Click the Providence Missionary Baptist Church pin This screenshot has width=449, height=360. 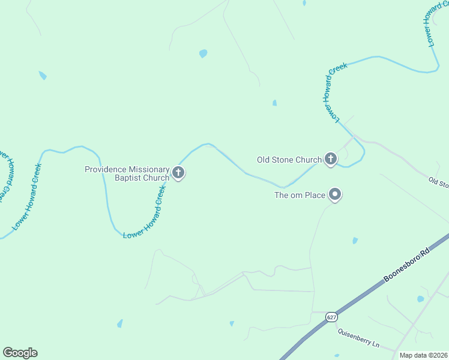pos(178,173)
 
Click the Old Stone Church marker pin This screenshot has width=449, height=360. pos(330,159)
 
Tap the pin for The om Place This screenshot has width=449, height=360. pos(336,194)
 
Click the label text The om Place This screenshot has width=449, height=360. pos(300,195)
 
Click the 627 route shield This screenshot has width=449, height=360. pos(331,316)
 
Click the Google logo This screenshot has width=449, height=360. pos(20,353)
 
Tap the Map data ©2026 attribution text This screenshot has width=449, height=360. pos(424,355)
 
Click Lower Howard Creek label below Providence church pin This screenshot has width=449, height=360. pos(145,213)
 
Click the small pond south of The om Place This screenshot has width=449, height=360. pos(355,241)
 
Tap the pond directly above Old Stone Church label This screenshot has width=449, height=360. pos(274,103)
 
